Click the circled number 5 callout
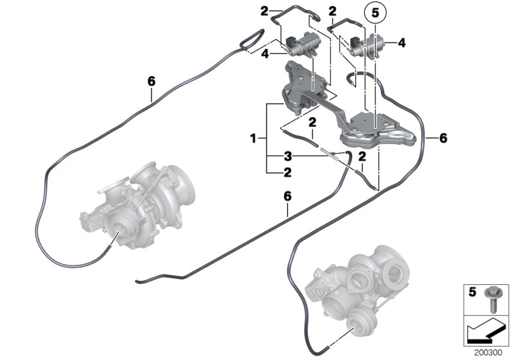coord(375,12)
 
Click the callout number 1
coord(254,138)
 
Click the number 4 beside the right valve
coord(402,43)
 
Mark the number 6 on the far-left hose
coord(152,81)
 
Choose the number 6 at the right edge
coord(442,138)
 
